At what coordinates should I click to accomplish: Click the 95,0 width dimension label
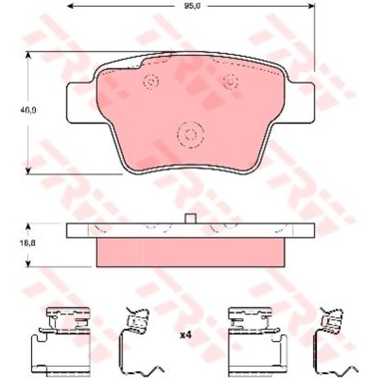[x=192, y=6]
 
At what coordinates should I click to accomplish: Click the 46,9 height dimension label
[x=28, y=110]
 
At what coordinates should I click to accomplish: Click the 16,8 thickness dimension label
[x=28, y=243]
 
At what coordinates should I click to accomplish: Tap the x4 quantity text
[x=186, y=335]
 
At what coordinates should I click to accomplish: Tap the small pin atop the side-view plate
[x=190, y=219]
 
